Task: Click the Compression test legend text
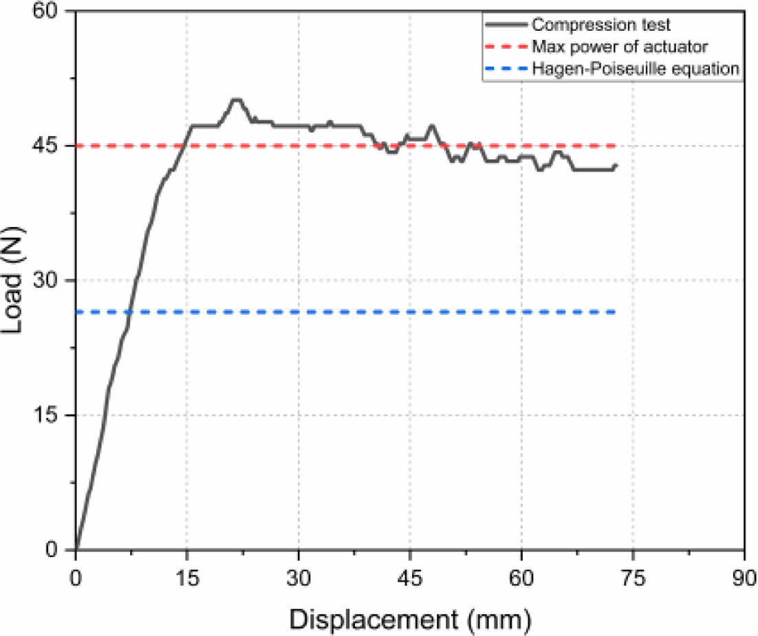point(601,25)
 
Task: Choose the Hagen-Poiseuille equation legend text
point(636,69)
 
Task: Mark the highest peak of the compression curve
point(235,100)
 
